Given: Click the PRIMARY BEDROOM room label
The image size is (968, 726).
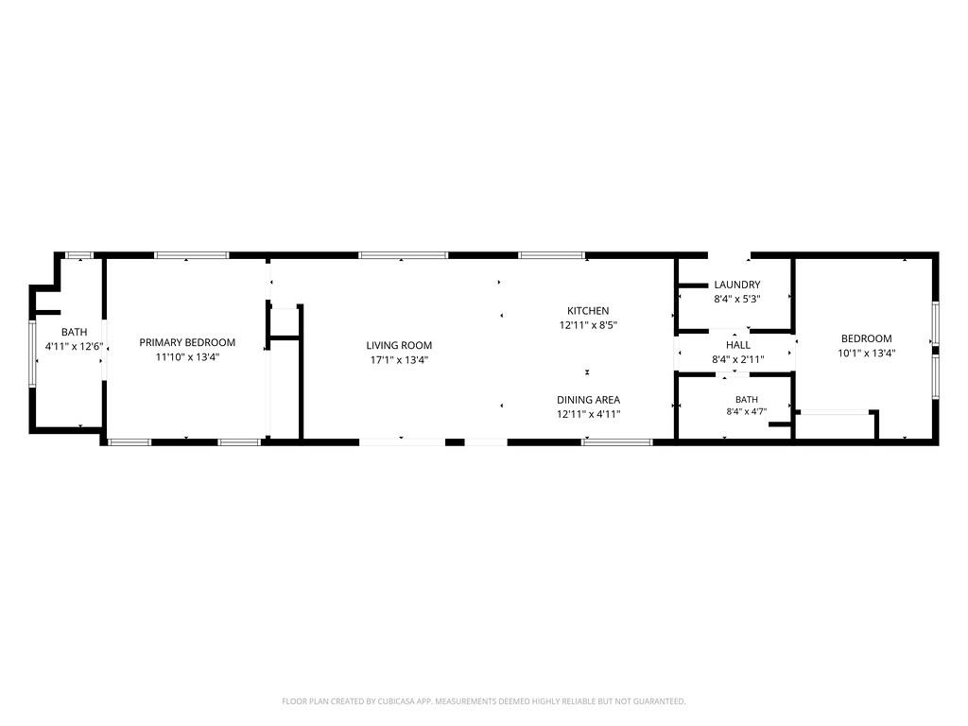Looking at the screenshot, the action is pos(187,342).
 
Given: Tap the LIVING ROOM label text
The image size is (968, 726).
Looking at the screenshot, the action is pos(399,346).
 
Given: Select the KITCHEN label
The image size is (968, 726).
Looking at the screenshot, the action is pos(588,311).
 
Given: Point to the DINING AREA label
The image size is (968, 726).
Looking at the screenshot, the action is pos(588,400).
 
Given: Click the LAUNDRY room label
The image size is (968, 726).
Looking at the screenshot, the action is pos(737,285).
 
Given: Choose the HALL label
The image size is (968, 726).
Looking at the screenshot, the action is pos(738,345).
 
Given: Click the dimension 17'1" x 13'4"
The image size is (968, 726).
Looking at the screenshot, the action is pos(400,360).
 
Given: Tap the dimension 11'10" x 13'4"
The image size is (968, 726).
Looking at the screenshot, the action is pos(187,356).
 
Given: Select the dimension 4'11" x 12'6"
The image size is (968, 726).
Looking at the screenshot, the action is pos(74,346).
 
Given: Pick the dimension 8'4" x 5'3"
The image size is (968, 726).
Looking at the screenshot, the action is pos(737,299).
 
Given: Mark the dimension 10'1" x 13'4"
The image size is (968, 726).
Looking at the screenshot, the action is pos(867,354).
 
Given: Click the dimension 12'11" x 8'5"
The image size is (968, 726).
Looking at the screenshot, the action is pos(588,325).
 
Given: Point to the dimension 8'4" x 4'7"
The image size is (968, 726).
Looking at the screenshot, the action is pos(747,412).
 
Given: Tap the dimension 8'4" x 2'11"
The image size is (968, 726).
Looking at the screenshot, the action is pos(738,359).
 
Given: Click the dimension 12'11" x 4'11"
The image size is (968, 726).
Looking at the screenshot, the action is pos(588,414).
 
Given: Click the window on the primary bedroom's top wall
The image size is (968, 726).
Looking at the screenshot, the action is pos(192,255).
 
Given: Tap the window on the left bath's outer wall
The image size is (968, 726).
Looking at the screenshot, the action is pos(33,354).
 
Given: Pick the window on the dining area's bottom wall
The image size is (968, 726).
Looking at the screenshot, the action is pos(617,442).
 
